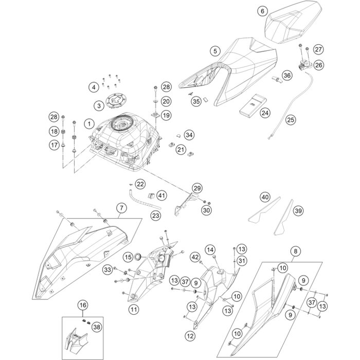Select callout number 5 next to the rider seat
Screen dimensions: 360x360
click(x=215, y=50)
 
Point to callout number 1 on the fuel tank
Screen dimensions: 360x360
click(x=89, y=124)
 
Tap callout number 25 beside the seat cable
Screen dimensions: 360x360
click(x=276, y=120)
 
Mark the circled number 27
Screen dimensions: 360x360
click(x=318, y=49)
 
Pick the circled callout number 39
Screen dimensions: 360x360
click(x=298, y=211)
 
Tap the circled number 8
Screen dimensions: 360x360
click(x=295, y=251)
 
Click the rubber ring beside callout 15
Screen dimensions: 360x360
click(x=138, y=256)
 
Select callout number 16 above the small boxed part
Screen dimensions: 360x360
click(x=82, y=306)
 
